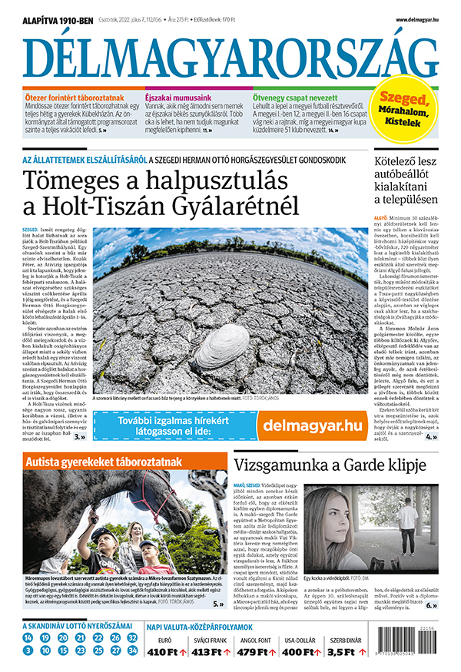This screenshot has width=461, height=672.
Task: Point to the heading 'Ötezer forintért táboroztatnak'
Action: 75,97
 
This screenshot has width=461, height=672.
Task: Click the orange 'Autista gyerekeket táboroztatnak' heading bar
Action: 104,462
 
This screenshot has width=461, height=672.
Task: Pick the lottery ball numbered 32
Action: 133,638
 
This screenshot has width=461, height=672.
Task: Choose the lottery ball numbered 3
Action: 28,650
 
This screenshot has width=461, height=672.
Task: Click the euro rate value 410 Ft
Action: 161,652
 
